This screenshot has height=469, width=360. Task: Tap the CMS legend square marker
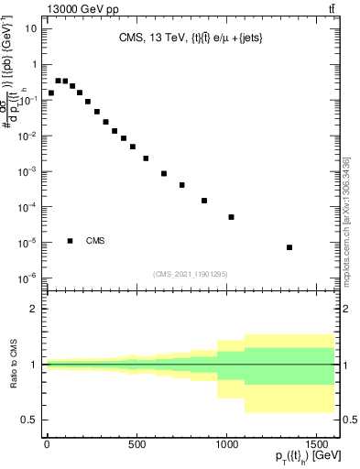click(71, 241)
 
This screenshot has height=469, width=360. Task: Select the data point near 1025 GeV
click(231, 217)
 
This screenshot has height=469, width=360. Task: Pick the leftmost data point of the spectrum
click(51, 93)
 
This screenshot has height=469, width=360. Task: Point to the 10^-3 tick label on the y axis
click(27, 171)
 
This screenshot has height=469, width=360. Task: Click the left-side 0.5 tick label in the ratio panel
click(30, 420)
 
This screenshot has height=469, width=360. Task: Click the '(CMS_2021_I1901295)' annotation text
click(191, 274)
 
